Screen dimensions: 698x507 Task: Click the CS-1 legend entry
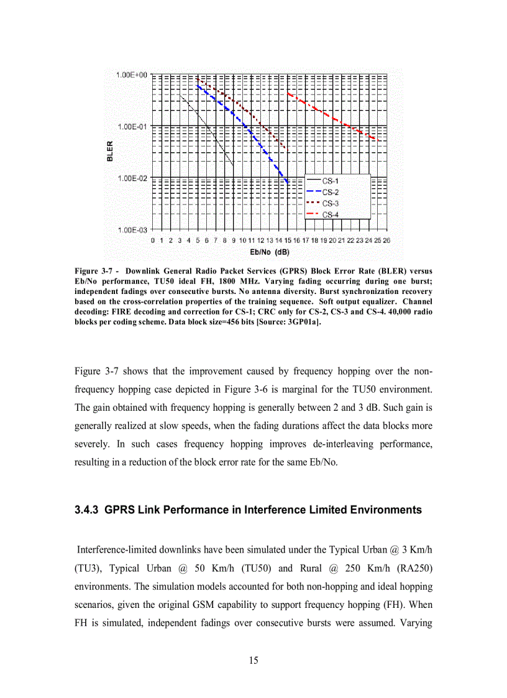tap(331, 181)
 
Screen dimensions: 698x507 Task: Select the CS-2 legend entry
tap(331, 192)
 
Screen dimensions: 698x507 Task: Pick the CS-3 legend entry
tap(331, 203)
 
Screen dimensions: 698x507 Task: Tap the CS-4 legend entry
tap(331, 214)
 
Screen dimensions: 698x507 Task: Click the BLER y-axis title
tap(109, 152)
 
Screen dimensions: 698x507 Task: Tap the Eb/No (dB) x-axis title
tap(268, 252)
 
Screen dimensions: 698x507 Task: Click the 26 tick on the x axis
tap(386, 240)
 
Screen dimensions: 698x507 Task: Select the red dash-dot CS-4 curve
tap(336, 118)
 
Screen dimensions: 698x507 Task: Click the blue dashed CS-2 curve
tap(249, 131)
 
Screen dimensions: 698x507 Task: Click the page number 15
tap(253, 660)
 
